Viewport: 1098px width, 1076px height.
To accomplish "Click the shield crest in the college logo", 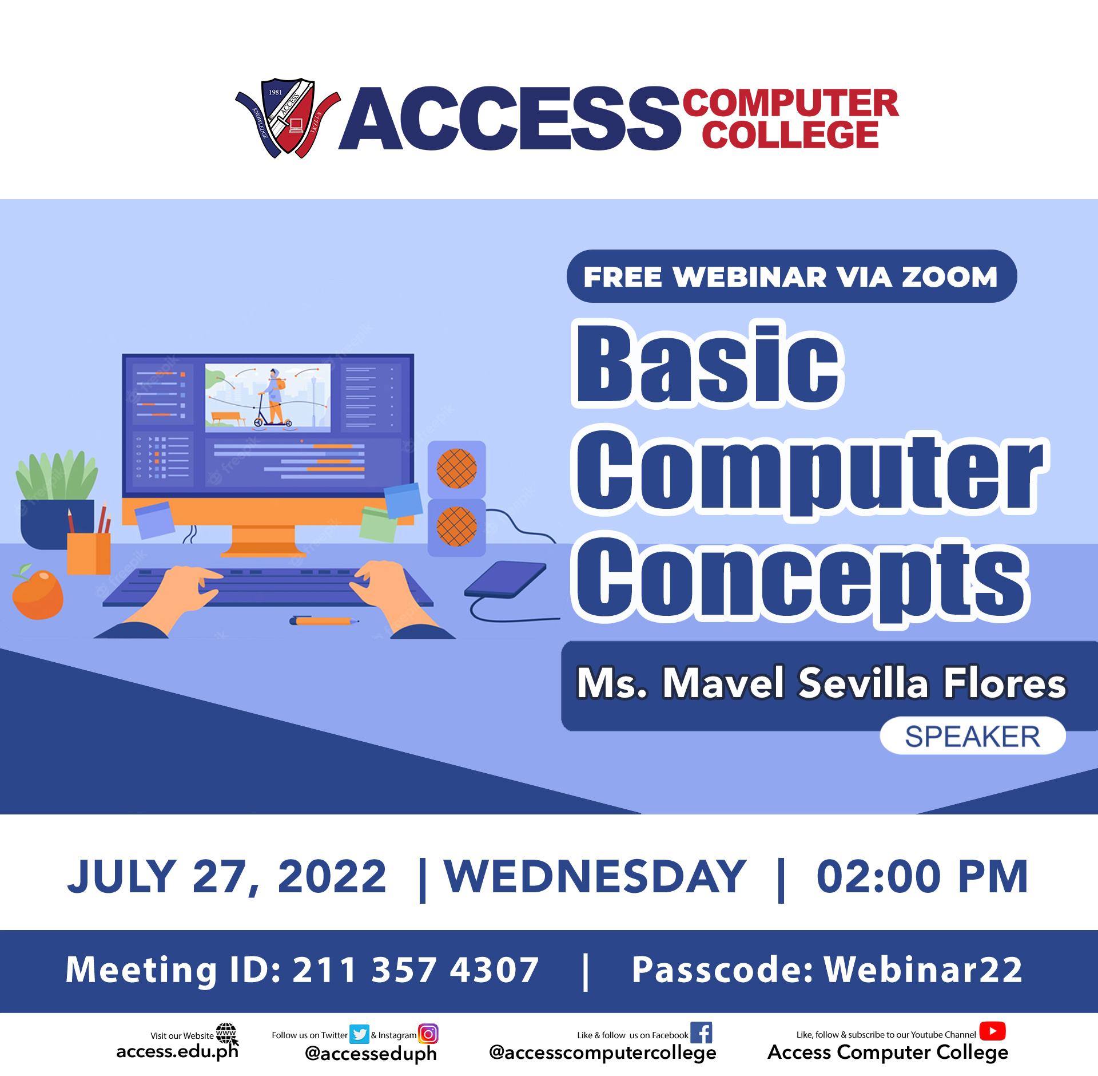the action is [x=288, y=118].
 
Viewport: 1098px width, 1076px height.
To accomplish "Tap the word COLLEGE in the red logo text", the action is [x=790, y=134].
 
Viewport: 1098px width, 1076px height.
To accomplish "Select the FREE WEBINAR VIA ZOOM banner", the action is [x=791, y=276].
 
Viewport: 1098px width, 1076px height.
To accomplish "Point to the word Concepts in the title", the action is [x=801, y=580].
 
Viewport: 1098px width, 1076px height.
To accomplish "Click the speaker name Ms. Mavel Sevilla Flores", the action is [x=821, y=683].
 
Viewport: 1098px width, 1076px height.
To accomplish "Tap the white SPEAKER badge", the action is [x=972, y=736].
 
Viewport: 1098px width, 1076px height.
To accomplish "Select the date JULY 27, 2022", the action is [x=226, y=877].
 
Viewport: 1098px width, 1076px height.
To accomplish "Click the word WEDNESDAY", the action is [x=595, y=876].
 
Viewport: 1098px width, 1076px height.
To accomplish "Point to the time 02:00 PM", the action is [x=922, y=876].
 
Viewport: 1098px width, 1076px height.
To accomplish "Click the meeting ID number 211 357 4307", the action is [x=416, y=970].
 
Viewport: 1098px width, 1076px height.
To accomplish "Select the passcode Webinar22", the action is [x=923, y=970].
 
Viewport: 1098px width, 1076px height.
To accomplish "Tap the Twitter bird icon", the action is [x=359, y=1034].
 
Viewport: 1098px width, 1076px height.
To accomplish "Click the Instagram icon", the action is [x=428, y=1034].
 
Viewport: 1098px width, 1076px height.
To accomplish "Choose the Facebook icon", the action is [x=701, y=1033].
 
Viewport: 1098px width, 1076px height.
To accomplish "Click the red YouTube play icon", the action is [x=992, y=1031].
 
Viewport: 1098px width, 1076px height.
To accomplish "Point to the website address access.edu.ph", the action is [x=177, y=1052].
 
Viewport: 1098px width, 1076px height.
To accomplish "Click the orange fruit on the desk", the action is [x=38, y=594].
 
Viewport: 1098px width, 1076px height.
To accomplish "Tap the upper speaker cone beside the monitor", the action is [x=456, y=468].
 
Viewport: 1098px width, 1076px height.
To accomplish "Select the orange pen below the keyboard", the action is [x=324, y=621].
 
